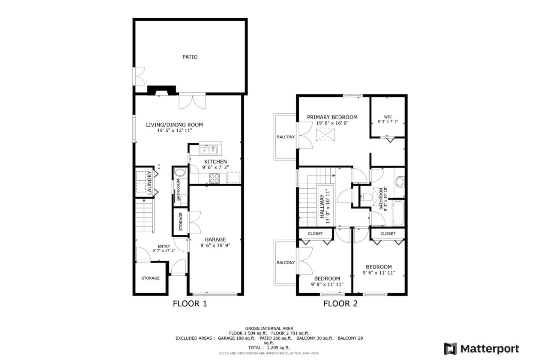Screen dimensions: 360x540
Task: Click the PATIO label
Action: pyautogui.click(x=190, y=57)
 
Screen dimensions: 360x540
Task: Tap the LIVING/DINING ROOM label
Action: pyautogui.click(x=174, y=125)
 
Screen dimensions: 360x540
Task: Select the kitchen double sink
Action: pyautogui.click(x=208, y=150)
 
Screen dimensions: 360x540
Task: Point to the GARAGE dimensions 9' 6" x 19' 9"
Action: pyautogui.click(x=215, y=246)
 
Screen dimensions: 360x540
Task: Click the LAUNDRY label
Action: pyautogui.click(x=149, y=182)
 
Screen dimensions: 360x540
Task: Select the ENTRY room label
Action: pyautogui.click(x=163, y=246)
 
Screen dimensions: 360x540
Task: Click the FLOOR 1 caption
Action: pyautogui.click(x=190, y=304)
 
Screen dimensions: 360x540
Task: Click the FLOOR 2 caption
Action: pyautogui.click(x=340, y=304)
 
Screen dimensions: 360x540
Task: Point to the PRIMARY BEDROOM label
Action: pyautogui.click(x=332, y=117)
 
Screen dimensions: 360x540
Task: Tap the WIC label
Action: pyautogui.click(x=388, y=117)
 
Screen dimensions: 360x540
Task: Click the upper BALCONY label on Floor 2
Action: pyautogui.click(x=286, y=137)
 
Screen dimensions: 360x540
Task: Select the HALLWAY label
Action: pyautogui.click(x=322, y=206)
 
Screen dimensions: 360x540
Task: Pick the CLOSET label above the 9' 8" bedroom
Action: pyautogui.click(x=315, y=234)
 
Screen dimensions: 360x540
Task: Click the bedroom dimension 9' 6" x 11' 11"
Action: pyautogui.click(x=379, y=273)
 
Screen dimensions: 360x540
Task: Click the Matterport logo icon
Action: pyautogui.click(x=450, y=348)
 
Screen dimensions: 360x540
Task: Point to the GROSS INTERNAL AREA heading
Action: pyautogui.click(x=269, y=328)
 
